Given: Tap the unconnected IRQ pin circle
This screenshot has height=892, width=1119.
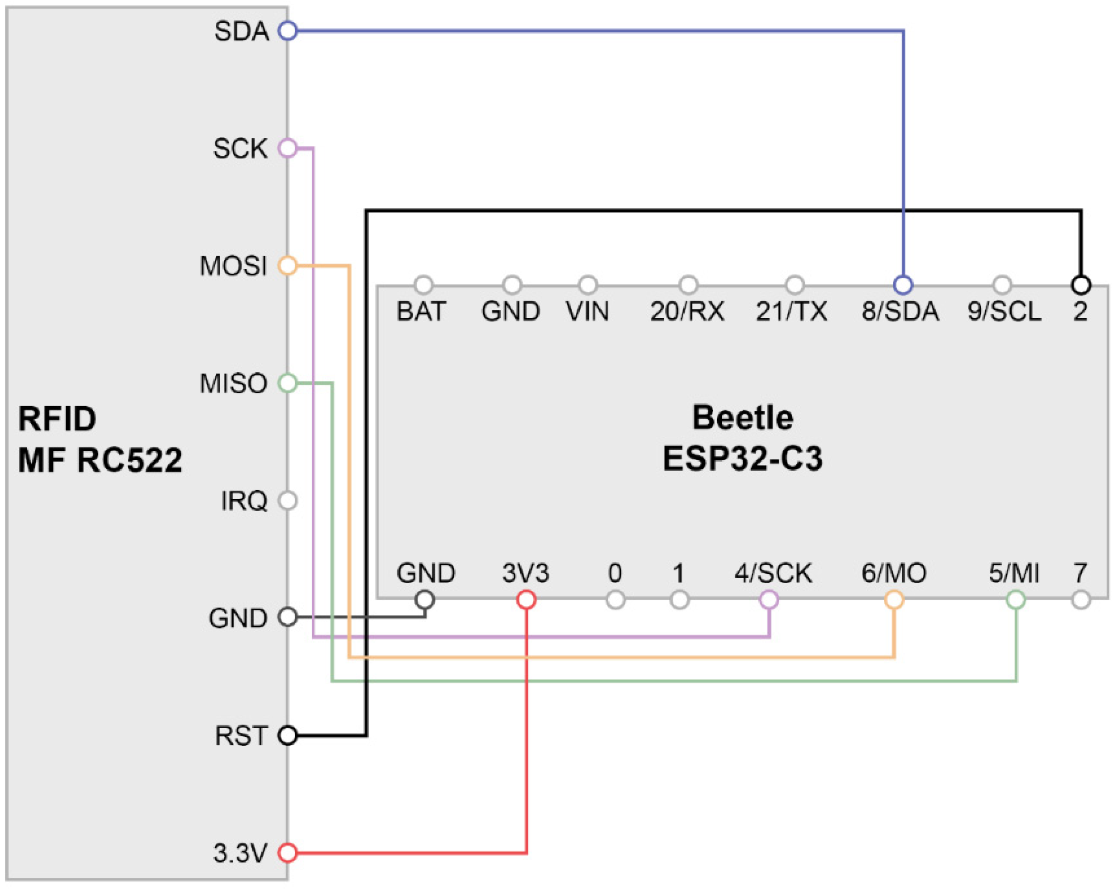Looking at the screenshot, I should (287, 501).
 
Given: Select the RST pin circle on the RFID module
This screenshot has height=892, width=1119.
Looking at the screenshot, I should (287, 735).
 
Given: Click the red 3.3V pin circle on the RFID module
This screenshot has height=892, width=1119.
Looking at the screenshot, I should (287, 853).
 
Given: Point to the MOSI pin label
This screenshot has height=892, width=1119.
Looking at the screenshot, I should (234, 266).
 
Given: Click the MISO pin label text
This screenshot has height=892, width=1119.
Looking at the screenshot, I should (234, 383).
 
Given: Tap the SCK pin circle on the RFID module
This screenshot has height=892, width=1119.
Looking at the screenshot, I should (287, 148).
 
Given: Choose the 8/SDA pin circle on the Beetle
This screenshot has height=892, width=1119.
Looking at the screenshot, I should (903, 285).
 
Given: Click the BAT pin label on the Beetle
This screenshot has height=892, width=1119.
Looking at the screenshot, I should (421, 311).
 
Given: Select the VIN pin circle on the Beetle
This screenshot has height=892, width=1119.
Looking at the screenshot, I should (587, 285).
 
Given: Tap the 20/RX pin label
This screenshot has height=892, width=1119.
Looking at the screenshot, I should (687, 311).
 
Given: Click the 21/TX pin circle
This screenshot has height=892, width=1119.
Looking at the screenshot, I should (795, 285).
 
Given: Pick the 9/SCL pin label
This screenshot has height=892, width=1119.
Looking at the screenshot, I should (1004, 311).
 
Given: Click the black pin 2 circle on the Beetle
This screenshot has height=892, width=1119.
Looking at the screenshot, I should (1081, 285).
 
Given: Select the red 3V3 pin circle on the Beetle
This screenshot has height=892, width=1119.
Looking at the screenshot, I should (526, 600).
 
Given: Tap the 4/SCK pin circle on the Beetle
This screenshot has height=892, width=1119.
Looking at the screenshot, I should (769, 600).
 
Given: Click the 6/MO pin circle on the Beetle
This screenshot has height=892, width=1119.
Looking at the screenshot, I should (894, 600).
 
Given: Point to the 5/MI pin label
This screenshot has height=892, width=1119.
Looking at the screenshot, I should (1014, 573).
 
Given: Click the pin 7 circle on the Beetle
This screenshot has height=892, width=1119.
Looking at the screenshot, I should (1081, 600).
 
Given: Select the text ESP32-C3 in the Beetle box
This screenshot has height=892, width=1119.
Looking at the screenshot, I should (743, 459).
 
